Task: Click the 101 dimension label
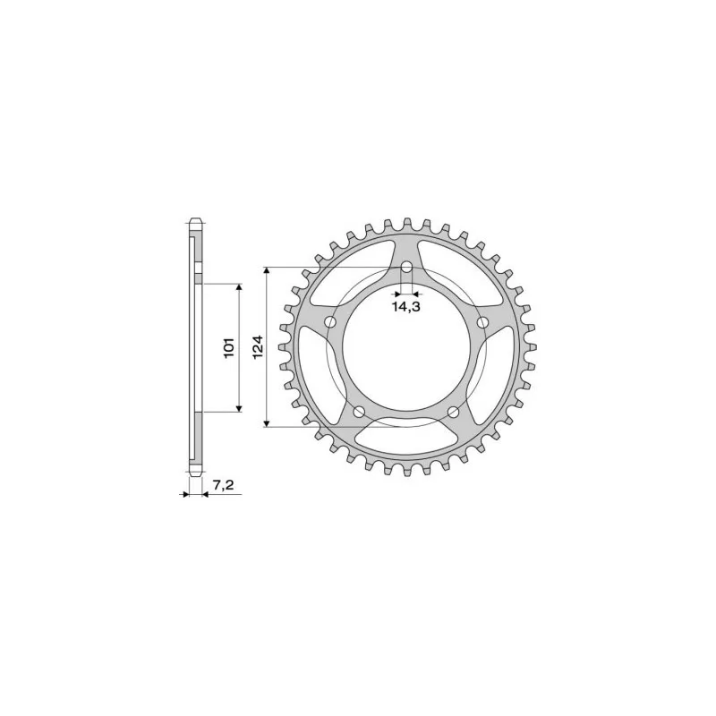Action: click(x=229, y=348)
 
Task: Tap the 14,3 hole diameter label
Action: click(x=406, y=307)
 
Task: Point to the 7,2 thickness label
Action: click(x=223, y=485)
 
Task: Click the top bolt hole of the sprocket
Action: click(x=406, y=268)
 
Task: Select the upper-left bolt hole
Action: click(x=330, y=322)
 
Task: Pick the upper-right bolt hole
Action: click(x=482, y=322)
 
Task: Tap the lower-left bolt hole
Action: click(x=360, y=412)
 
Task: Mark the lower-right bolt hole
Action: click(x=453, y=412)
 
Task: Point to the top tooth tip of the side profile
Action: click(x=194, y=219)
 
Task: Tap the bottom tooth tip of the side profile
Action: click(x=194, y=475)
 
